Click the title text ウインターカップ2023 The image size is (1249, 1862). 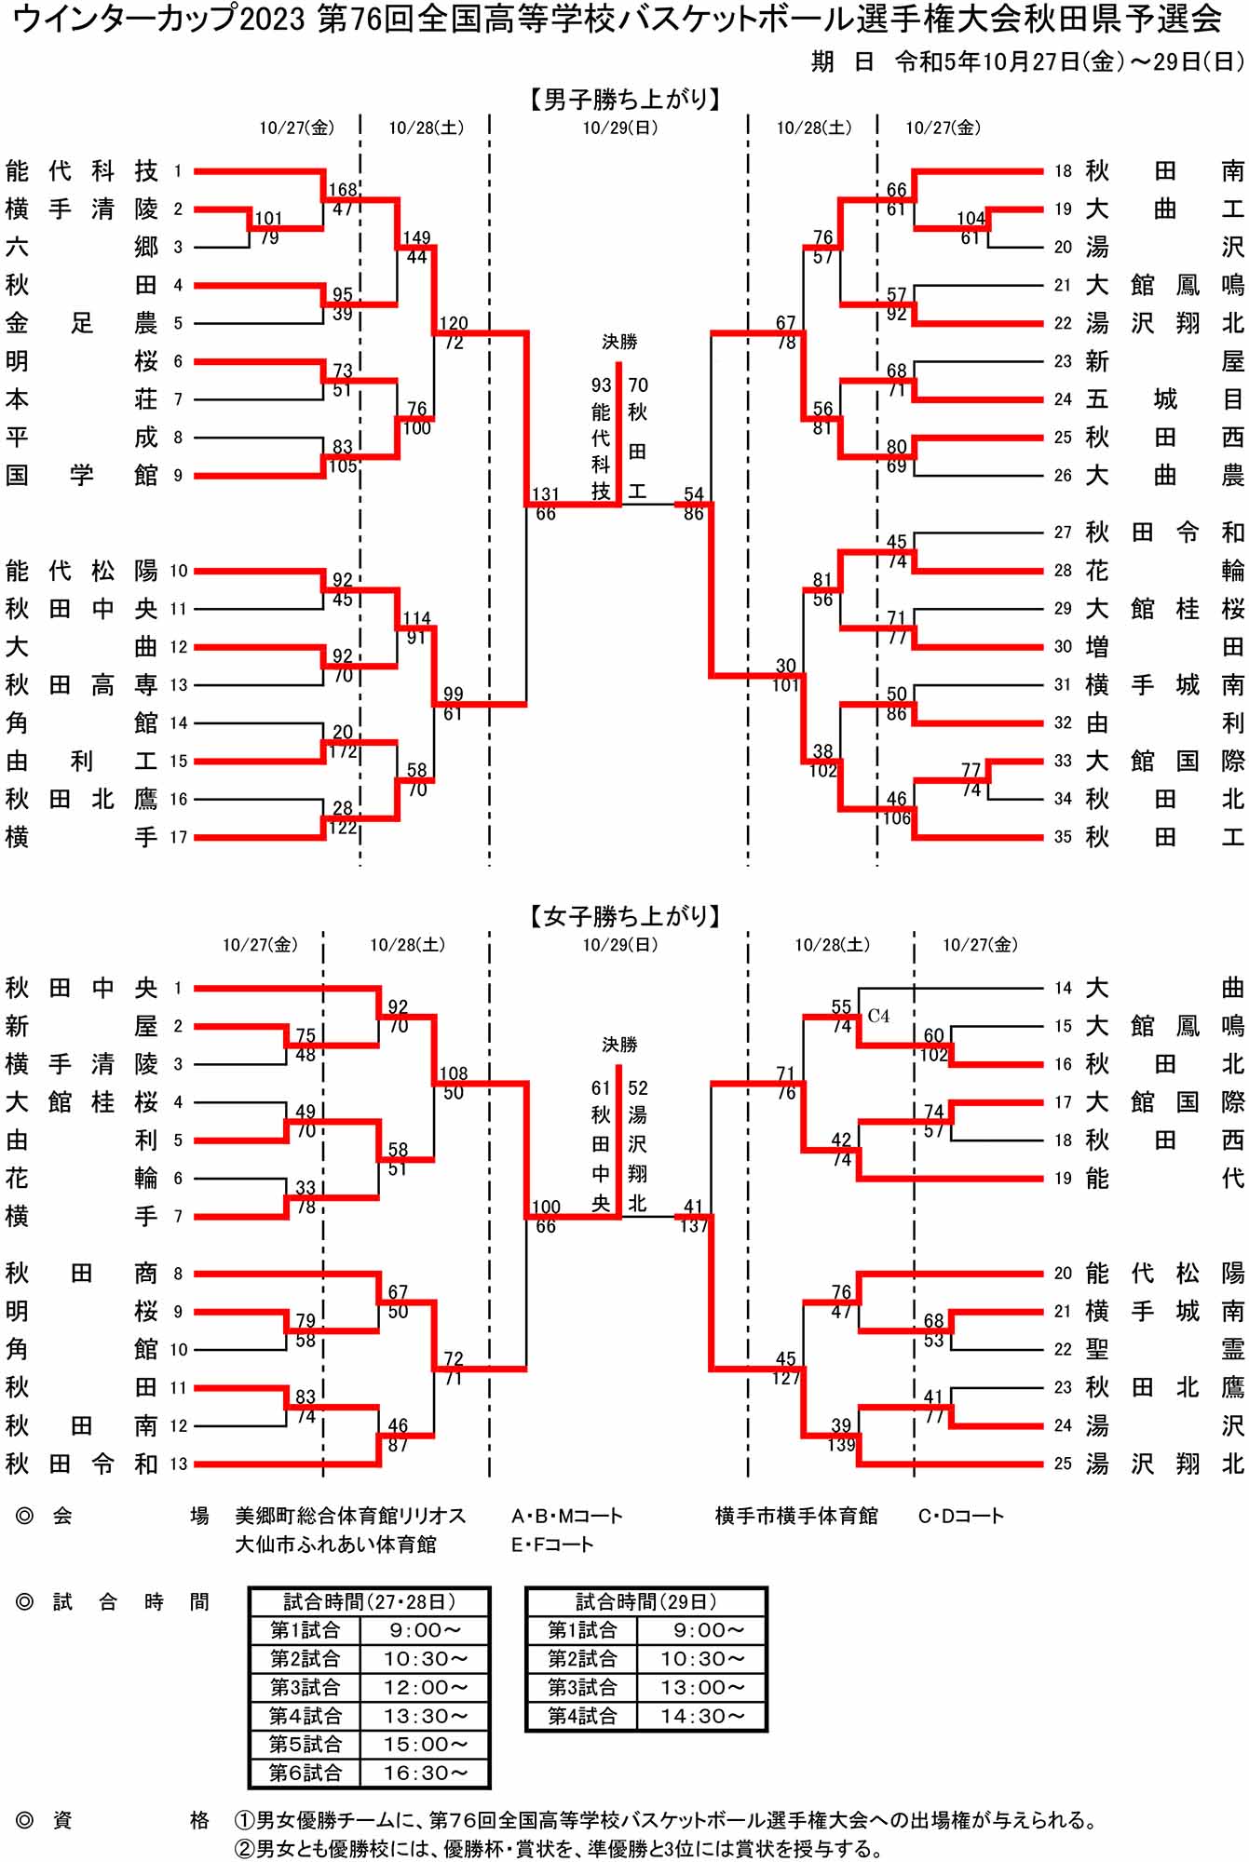158,19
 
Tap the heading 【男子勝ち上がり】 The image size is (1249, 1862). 624,99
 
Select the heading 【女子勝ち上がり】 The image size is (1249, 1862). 624,916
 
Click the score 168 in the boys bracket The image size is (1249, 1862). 343,190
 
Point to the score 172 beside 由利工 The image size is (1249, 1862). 343,751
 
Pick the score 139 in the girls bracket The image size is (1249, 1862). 842,1445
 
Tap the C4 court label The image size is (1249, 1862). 878,1016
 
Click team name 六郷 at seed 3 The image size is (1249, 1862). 81,247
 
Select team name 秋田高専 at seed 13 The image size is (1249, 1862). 81,685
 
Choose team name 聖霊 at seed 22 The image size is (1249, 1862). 1164,1349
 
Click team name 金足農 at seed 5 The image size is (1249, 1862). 81,323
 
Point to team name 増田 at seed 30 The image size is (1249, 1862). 1164,647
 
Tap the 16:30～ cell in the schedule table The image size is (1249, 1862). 425,1773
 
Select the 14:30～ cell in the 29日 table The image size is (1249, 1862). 701,1715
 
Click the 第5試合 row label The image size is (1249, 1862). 305,1744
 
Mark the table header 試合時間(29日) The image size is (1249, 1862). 646,1601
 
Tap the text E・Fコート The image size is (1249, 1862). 551,1545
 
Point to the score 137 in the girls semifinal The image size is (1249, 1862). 694,1226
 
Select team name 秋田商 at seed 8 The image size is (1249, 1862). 81,1273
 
